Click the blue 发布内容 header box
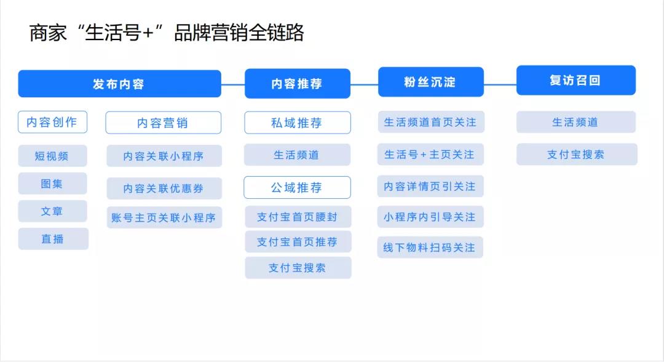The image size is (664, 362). click(119, 84)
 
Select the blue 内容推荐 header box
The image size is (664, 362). click(298, 84)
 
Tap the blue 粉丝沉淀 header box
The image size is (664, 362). click(430, 82)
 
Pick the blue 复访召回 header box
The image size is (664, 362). click(576, 80)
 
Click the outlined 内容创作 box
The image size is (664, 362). click(52, 122)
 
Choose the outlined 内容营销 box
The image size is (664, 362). click(163, 123)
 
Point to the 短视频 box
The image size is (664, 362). click(52, 156)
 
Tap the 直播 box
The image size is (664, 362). click(53, 239)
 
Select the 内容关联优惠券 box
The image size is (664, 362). click(164, 188)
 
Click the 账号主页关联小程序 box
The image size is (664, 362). click(164, 217)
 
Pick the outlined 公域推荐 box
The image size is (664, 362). click(298, 187)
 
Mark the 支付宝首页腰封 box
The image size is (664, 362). click(298, 217)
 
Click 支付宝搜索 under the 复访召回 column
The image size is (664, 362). click(577, 154)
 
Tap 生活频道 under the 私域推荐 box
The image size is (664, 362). click(297, 155)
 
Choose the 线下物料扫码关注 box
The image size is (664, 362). click(430, 247)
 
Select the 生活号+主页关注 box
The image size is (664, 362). click(430, 155)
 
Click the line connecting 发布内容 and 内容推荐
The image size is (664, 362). click(233, 85)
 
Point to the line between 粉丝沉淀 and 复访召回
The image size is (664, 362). click(500, 84)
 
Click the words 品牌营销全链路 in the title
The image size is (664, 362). click(239, 33)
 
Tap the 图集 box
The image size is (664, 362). click(52, 183)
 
